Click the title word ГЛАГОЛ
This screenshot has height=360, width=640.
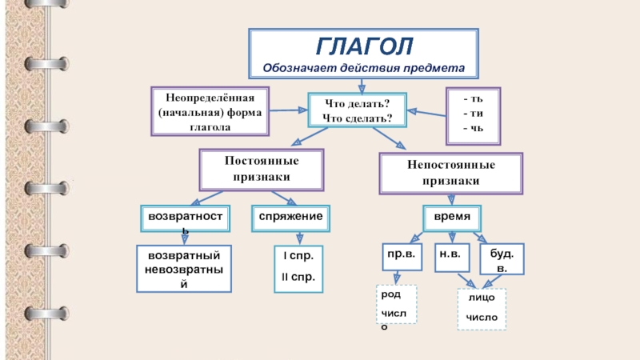pos(363,46)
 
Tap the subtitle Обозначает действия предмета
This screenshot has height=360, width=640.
pos(363,67)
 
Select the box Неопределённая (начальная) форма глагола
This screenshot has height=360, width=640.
pos(210,111)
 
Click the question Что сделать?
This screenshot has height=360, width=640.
pos(357,118)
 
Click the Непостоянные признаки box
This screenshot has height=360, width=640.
pos(451,172)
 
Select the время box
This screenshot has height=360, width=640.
pos(451,217)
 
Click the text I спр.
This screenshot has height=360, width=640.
pos(298,257)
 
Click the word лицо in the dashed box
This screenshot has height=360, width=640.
pos(481,297)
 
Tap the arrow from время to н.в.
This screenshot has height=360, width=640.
pos(451,236)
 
